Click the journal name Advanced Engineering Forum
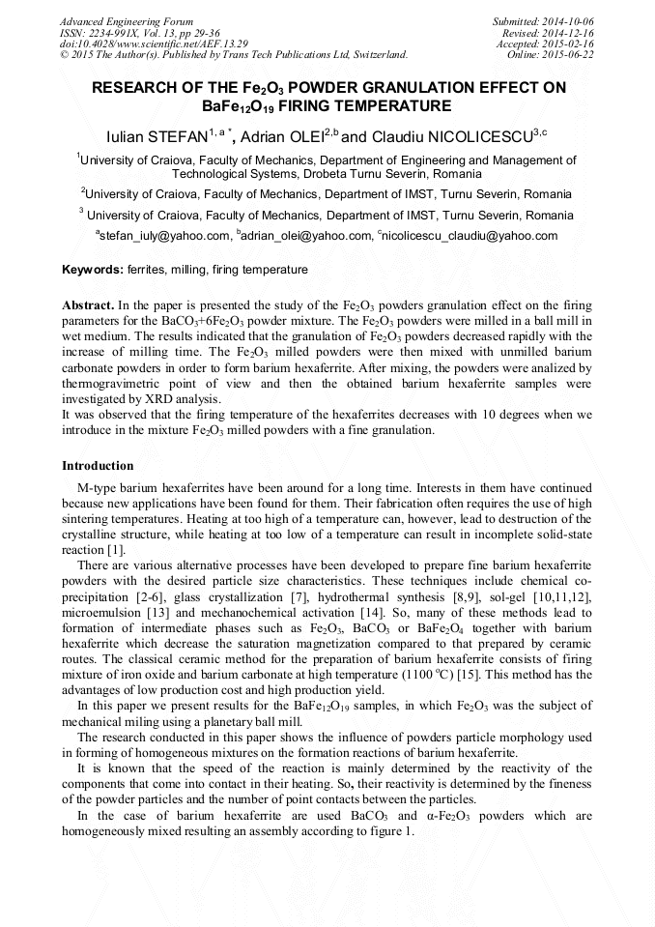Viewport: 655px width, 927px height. [126, 21]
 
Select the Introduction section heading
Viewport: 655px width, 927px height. [98, 466]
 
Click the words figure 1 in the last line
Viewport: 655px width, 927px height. [386, 832]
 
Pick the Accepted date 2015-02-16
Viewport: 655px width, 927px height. [565, 43]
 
